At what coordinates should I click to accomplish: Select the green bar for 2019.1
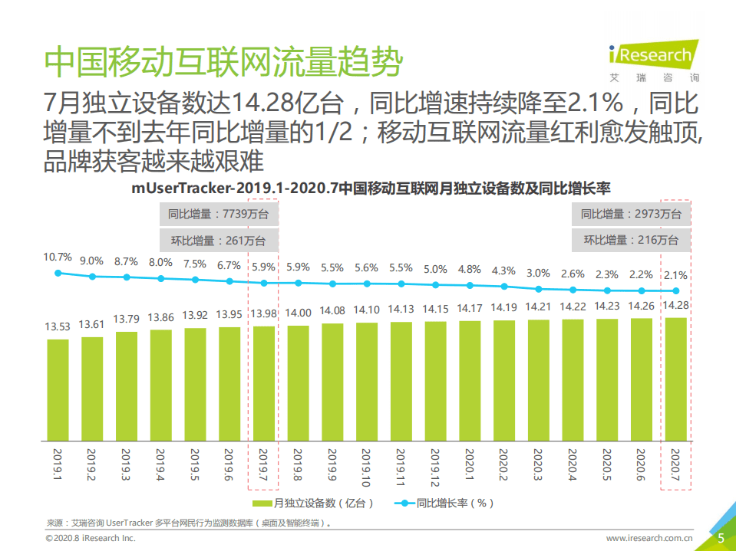point(58,390)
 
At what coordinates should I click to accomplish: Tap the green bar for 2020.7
point(675,379)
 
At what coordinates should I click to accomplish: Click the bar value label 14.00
point(298,313)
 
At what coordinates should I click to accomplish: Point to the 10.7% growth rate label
point(58,257)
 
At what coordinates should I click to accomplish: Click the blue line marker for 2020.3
point(538,289)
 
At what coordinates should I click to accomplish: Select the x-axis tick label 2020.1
point(469,466)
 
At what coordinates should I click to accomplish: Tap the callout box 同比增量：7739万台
point(217,214)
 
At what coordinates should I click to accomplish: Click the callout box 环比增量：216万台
point(630,240)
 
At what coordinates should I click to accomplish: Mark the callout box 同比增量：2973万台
point(630,214)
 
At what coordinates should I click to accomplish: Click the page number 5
point(721,538)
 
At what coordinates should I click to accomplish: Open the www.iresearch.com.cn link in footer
point(649,539)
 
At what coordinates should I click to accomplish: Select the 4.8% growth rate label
point(469,269)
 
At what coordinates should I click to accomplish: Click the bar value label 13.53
point(58,326)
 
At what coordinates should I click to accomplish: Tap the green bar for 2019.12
point(435,382)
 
